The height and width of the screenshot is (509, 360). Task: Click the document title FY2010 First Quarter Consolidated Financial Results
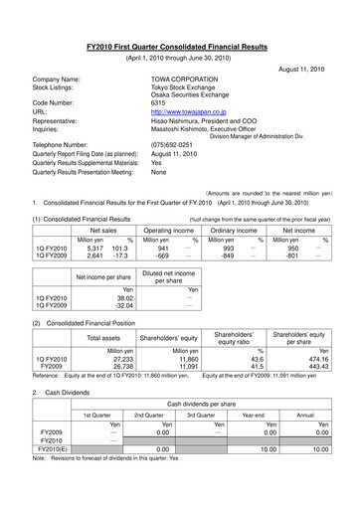180,32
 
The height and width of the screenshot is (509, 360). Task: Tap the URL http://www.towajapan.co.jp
190,114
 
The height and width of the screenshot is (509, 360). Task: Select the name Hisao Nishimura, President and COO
211,124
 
